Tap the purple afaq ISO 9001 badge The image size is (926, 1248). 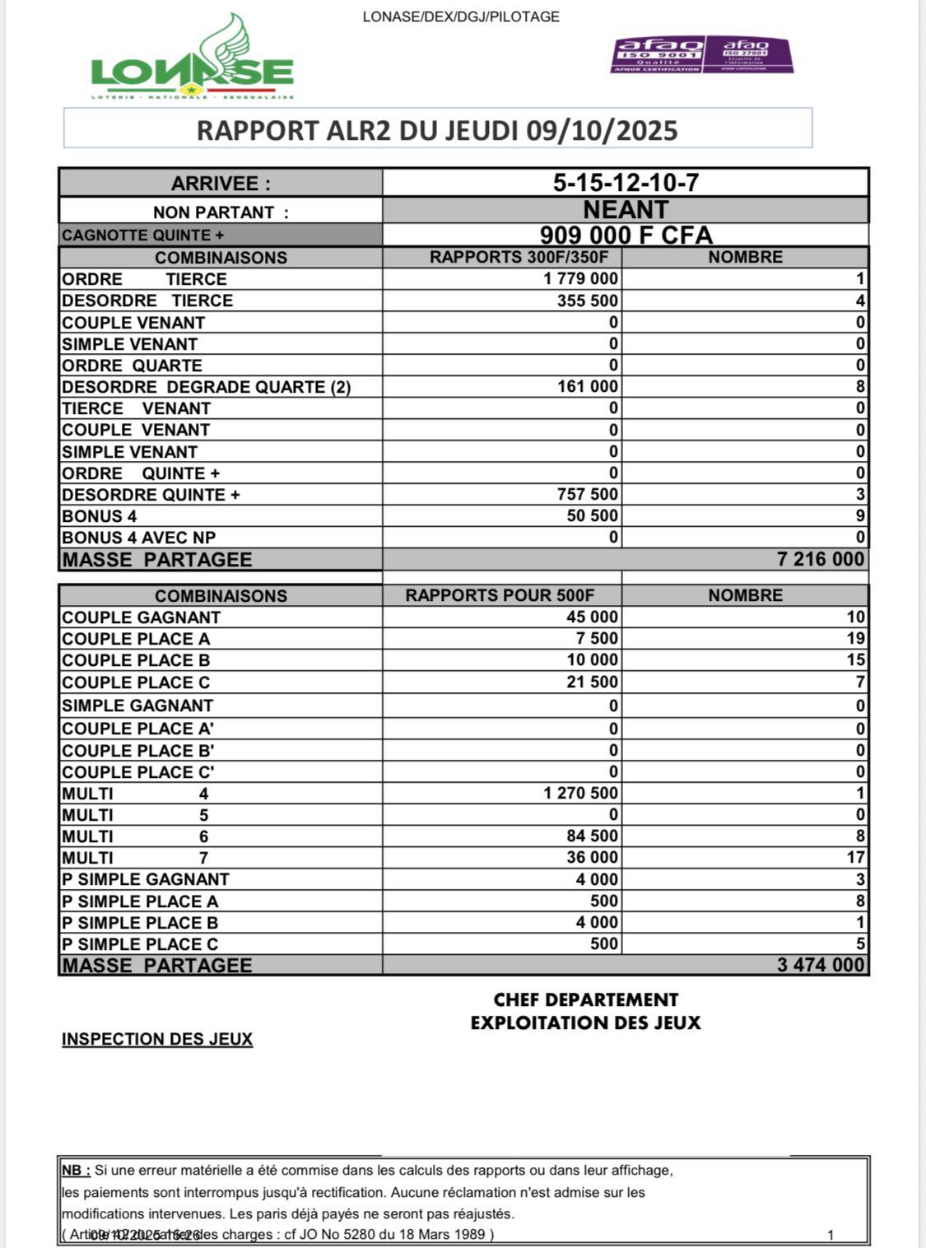(x=658, y=54)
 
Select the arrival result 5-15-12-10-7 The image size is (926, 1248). (x=626, y=183)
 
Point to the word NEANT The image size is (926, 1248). (x=626, y=210)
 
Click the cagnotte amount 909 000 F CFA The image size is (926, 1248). (x=626, y=235)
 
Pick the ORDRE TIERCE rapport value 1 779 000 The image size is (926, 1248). (x=580, y=279)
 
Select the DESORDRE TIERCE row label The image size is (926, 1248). (x=147, y=300)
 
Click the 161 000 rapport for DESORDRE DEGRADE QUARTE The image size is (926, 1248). (x=587, y=387)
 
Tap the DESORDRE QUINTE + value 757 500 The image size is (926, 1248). (x=587, y=495)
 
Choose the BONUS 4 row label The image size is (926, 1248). (x=100, y=516)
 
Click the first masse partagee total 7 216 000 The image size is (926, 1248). (x=820, y=560)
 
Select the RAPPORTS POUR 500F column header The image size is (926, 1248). (x=500, y=595)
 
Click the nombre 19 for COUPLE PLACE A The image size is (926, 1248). (x=855, y=639)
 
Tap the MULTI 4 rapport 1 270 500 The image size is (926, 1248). (x=580, y=794)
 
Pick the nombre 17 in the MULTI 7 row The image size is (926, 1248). (x=855, y=858)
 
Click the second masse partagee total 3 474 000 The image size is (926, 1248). (x=820, y=966)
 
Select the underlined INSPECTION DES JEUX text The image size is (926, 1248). (x=157, y=1040)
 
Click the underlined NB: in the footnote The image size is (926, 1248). (x=76, y=1171)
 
